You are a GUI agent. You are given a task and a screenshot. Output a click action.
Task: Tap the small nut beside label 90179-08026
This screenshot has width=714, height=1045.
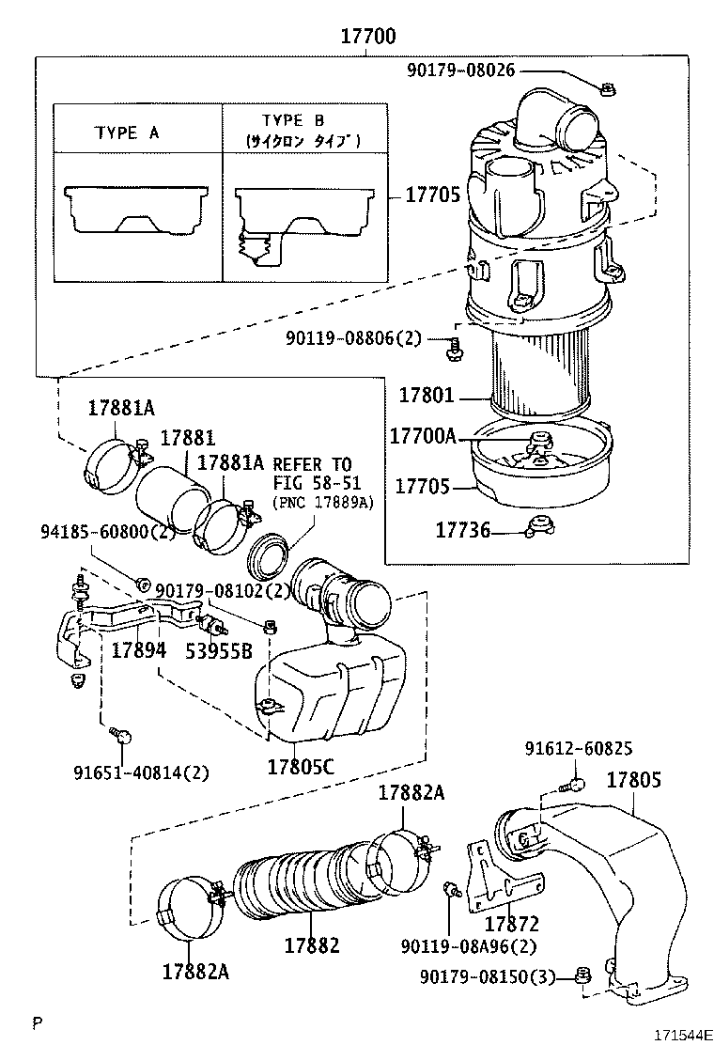pyautogui.click(x=607, y=89)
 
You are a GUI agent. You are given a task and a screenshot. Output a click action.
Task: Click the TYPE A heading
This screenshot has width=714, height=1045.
pyautogui.click(x=127, y=133)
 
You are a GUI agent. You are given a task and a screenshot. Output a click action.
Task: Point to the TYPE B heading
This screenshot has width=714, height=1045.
pyautogui.click(x=292, y=121)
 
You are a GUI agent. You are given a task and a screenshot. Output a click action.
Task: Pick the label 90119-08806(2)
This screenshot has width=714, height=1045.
pyautogui.click(x=353, y=339)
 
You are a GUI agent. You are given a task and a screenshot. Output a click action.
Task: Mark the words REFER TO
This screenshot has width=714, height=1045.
pyautogui.click(x=312, y=464)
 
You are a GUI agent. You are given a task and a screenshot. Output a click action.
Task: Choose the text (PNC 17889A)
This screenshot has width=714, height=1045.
pyautogui.click(x=322, y=503)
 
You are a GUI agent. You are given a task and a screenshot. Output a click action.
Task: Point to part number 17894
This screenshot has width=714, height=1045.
pyautogui.click(x=139, y=650)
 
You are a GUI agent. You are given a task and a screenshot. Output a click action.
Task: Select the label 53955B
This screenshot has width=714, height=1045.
pyautogui.click(x=218, y=650)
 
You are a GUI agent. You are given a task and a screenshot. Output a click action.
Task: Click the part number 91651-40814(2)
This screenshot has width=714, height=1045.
pyautogui.click(x=141, y=772)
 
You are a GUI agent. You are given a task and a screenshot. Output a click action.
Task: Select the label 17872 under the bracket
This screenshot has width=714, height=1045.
pyautogui.click(x=511, y=925)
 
